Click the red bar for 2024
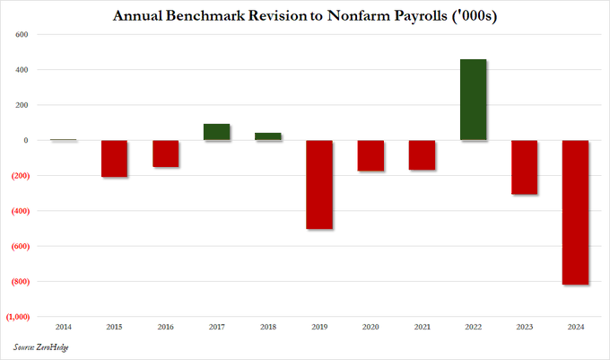tap(575, 212)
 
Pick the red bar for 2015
tap(114, 158)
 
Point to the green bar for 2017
tap(216, 132)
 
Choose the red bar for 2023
tap(524, 167)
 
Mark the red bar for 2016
tap(165, 154)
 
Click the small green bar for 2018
tap(267, 136)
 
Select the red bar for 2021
tap(422, 155)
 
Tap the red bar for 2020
tap(370, 155)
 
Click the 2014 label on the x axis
tap(63, 328)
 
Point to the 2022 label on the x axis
tap(473, 328)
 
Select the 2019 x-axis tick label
tap(319, 328)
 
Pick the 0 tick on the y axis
tap(27, 141)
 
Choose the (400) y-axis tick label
tap(19, 211)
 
